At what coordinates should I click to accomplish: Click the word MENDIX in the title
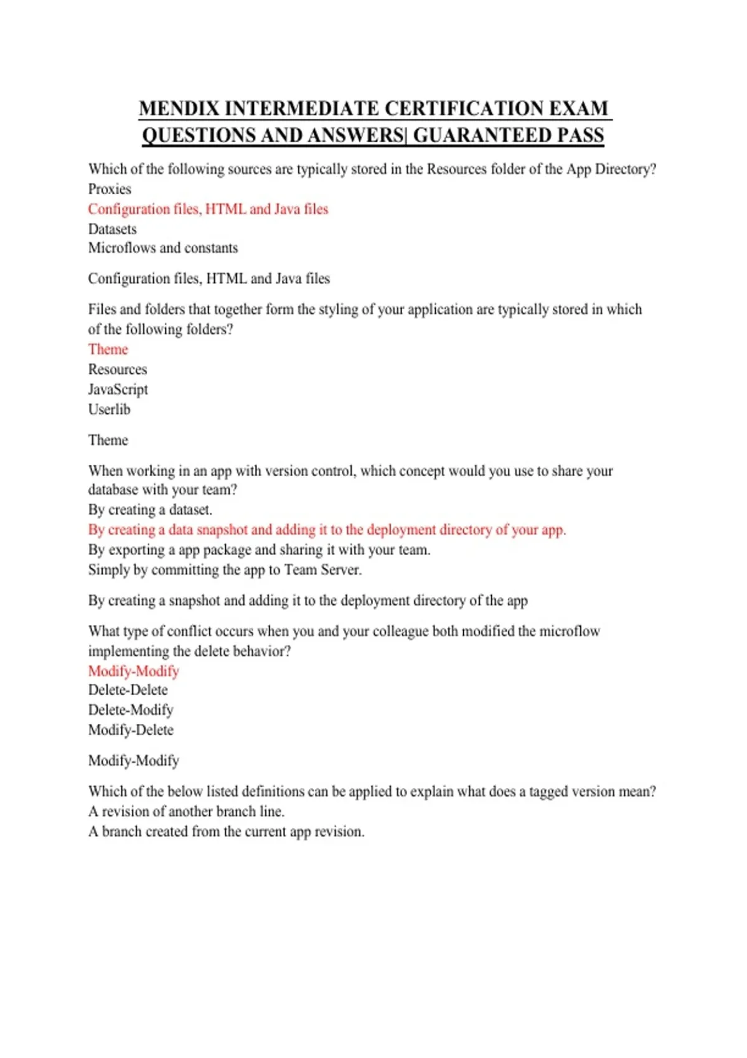(179, 108)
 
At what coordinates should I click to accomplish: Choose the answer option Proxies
(110, 189)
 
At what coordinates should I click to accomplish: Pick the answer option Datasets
(112, 229)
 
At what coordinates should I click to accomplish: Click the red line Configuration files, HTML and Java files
(208, 209)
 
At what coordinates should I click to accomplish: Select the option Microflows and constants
(163, 248)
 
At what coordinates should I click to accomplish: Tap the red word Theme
(108, 350)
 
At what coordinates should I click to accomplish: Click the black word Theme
(108, 441)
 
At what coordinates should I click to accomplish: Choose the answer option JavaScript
(118, 390)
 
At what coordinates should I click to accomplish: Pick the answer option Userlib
(109, 410)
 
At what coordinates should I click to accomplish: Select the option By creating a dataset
(150, 510)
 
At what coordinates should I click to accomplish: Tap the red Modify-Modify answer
(133, 672)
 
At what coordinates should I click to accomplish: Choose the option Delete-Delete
(128, 690)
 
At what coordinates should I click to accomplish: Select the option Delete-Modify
(131, 710)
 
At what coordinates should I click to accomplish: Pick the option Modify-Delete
(131, 730)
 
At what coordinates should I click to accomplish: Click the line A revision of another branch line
(186, 812)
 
